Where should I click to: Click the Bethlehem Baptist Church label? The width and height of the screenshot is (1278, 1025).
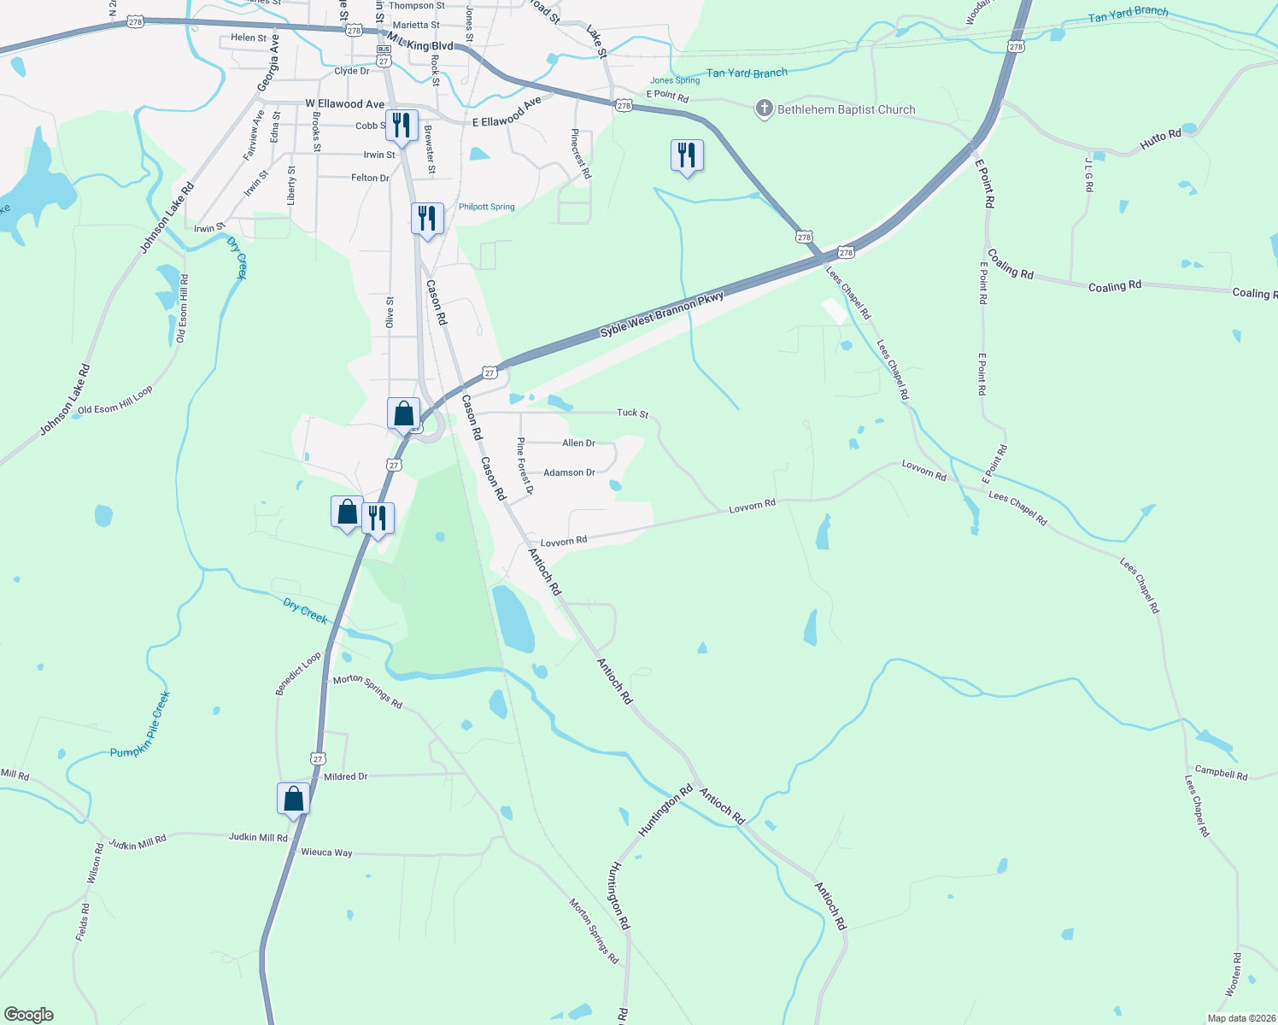[846, 109]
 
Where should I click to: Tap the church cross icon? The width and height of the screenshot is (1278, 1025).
[764, 108]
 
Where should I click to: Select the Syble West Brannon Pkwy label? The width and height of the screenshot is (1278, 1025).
[661, 313]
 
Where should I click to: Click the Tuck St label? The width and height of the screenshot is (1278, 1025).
[632, 413]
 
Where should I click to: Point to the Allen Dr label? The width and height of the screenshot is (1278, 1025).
[578, 442]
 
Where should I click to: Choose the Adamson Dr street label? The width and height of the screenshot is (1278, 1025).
[569, 472]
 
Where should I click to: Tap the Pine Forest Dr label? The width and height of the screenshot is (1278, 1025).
[525, 466]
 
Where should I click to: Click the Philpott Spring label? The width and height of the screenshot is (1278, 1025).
[486, 207]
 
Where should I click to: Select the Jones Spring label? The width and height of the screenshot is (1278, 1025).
[675, 80]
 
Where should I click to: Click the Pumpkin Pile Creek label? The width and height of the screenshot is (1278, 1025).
[141, 724]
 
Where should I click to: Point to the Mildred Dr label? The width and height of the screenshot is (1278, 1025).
[345, 776]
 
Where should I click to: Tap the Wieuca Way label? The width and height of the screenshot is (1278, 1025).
[326, 852]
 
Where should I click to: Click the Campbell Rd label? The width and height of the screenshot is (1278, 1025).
[1221, 772]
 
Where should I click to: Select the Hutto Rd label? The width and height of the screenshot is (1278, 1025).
[1160, 140]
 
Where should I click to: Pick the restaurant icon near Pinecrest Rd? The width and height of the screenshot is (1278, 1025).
[687, 156]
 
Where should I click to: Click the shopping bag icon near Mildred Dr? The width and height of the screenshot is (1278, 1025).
[293, 799]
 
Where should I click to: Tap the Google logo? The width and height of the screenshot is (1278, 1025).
[29, 1015]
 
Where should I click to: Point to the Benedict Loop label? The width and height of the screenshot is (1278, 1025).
[298, 674]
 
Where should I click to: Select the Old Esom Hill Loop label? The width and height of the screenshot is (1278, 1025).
[114, 399]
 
